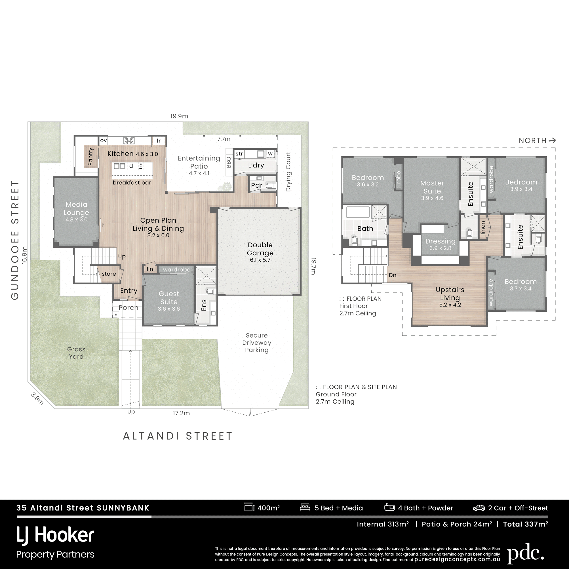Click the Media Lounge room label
coord(76,208)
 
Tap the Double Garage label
coord(260,249)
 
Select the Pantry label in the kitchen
coord(91,156)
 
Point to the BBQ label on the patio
coord(229,162)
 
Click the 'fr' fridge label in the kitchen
coord(159,141)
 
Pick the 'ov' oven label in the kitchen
coord(103,140)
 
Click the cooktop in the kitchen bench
coord(129,140)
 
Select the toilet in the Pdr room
coord(270,186)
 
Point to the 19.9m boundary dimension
coord(179,116)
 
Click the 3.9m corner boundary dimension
coord(37,399)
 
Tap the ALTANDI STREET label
coord(178,436)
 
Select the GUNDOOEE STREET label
coord(15,240)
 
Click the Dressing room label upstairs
coord(440,241)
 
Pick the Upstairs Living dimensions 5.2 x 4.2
coord(450,305)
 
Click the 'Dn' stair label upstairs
coord(393,275)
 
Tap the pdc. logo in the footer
coord(525,553)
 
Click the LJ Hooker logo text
coord(55,535)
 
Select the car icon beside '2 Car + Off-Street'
coord(479,508)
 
